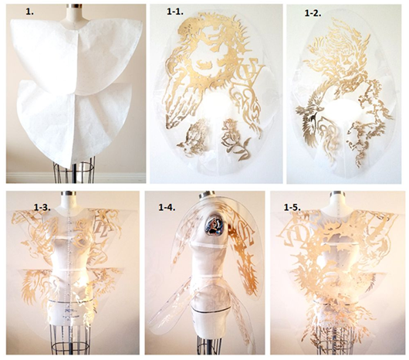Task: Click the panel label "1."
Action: [30, 12]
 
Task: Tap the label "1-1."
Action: [175, 12]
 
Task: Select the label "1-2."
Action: [313, 13]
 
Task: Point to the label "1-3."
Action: [42, 207]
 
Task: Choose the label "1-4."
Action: [167, 207]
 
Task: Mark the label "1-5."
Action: [292, 207]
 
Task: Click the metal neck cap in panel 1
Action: [75, 5]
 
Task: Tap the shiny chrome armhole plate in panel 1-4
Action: [215, 224]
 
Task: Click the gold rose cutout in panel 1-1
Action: [234, 136]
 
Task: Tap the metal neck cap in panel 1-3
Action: [69, 193]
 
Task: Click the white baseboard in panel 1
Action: [76, 177]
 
